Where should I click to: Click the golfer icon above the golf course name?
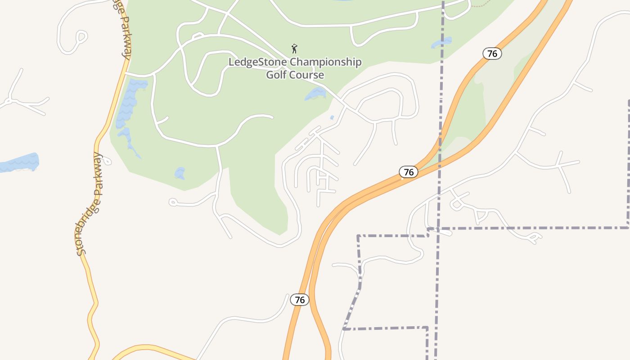294,48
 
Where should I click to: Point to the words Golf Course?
295,75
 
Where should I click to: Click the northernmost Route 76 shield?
492,54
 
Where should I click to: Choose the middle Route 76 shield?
409,172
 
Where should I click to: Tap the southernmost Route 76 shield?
300,300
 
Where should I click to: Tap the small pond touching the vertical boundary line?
441,43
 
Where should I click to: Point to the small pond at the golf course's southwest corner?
180,173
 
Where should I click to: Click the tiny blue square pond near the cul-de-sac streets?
332,118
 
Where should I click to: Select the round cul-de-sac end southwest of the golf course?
172,202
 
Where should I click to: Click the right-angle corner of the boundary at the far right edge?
628,226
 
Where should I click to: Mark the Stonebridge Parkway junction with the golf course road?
125,72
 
